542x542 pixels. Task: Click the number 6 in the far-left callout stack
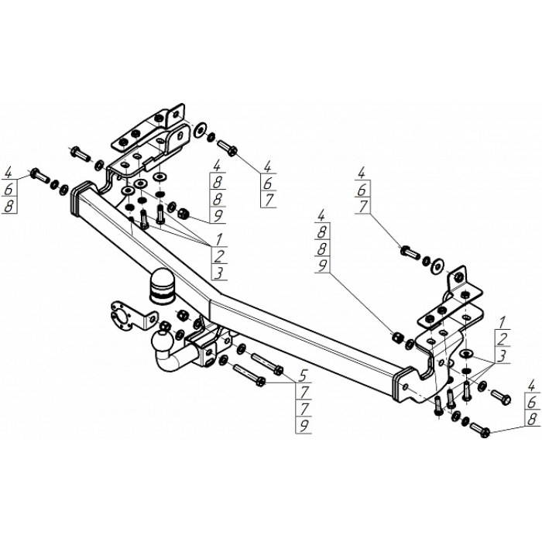(x=9, y=189)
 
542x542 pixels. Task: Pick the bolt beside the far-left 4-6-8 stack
(x=39, y=175)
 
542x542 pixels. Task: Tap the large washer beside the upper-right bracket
(x=437, y=263)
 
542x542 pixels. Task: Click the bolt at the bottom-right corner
(x=479, y=428)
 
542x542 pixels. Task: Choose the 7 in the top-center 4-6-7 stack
(x=267, y=199)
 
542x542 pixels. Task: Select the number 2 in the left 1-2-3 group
(x=220, y=256)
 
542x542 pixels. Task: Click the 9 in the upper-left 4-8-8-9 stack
(x=218, y=215)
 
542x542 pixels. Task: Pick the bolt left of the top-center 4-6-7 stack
(x=228, y=146)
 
